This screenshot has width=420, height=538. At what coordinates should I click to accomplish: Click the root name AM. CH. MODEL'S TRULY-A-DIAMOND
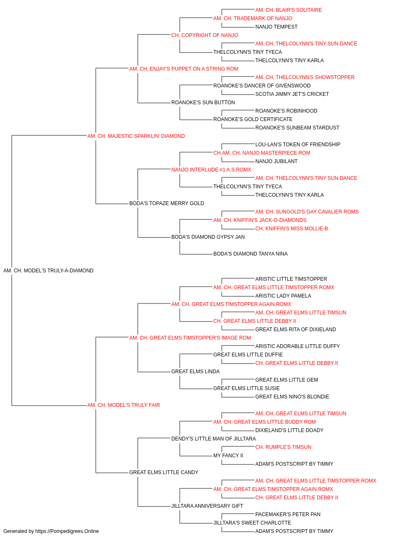tap(48, 271)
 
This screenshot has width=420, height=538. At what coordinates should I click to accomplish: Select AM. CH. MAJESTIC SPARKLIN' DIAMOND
tap(136, 136)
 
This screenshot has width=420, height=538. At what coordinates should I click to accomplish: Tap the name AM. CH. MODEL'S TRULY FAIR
tap(123, 405)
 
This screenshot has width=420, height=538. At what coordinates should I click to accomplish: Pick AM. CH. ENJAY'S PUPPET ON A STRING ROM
tap(184, 69)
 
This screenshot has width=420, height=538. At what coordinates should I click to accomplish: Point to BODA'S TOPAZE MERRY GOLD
tap(167, 203)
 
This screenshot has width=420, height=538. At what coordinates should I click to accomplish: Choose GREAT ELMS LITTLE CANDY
tap(164, 472)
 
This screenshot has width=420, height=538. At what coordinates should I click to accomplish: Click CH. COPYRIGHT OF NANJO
tap(205, 35)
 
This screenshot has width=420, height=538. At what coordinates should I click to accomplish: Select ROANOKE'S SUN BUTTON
tap(203, 103)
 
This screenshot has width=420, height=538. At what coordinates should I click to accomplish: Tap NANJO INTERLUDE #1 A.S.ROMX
tap(211, 169)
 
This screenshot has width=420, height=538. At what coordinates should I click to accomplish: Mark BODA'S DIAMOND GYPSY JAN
tap(208, 237)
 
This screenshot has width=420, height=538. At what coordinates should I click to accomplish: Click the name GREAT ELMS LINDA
tap(195, 372)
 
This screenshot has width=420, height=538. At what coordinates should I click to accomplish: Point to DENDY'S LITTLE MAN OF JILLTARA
tap(214, 439)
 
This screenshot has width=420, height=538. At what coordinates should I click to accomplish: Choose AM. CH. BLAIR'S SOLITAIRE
tap(289, 10)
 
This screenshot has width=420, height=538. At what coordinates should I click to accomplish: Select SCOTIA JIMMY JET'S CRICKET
tap(292, 94)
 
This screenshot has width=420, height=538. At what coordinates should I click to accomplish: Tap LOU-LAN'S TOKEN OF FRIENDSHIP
tap(298, 144)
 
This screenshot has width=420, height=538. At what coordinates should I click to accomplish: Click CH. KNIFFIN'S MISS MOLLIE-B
tap(291, 229)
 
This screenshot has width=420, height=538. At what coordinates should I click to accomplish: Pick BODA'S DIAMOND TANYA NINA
tap(251, 254)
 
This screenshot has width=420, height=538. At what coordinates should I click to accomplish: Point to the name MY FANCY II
tap(228, 456)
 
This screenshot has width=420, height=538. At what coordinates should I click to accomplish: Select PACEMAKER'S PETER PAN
tap(288, 514)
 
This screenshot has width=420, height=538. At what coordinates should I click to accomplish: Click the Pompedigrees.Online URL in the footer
tap(67, 531)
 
